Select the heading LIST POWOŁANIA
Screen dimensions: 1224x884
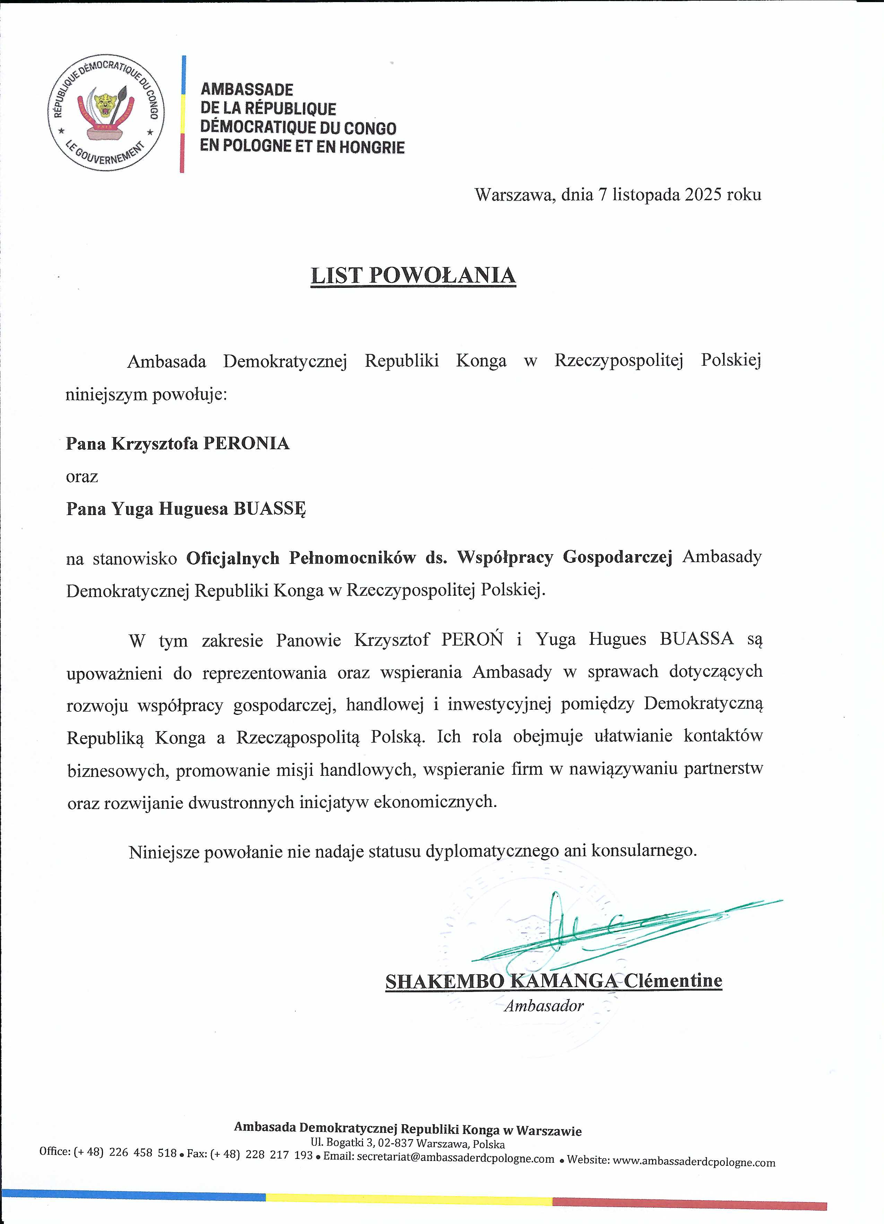413,275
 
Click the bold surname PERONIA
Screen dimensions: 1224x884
246,444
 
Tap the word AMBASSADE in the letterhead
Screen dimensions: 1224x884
247,90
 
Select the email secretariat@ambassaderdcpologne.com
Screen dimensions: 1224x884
455,1159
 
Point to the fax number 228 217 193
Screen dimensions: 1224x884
279,1155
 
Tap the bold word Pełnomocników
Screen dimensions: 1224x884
352,558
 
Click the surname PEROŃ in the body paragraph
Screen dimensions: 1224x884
472,639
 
